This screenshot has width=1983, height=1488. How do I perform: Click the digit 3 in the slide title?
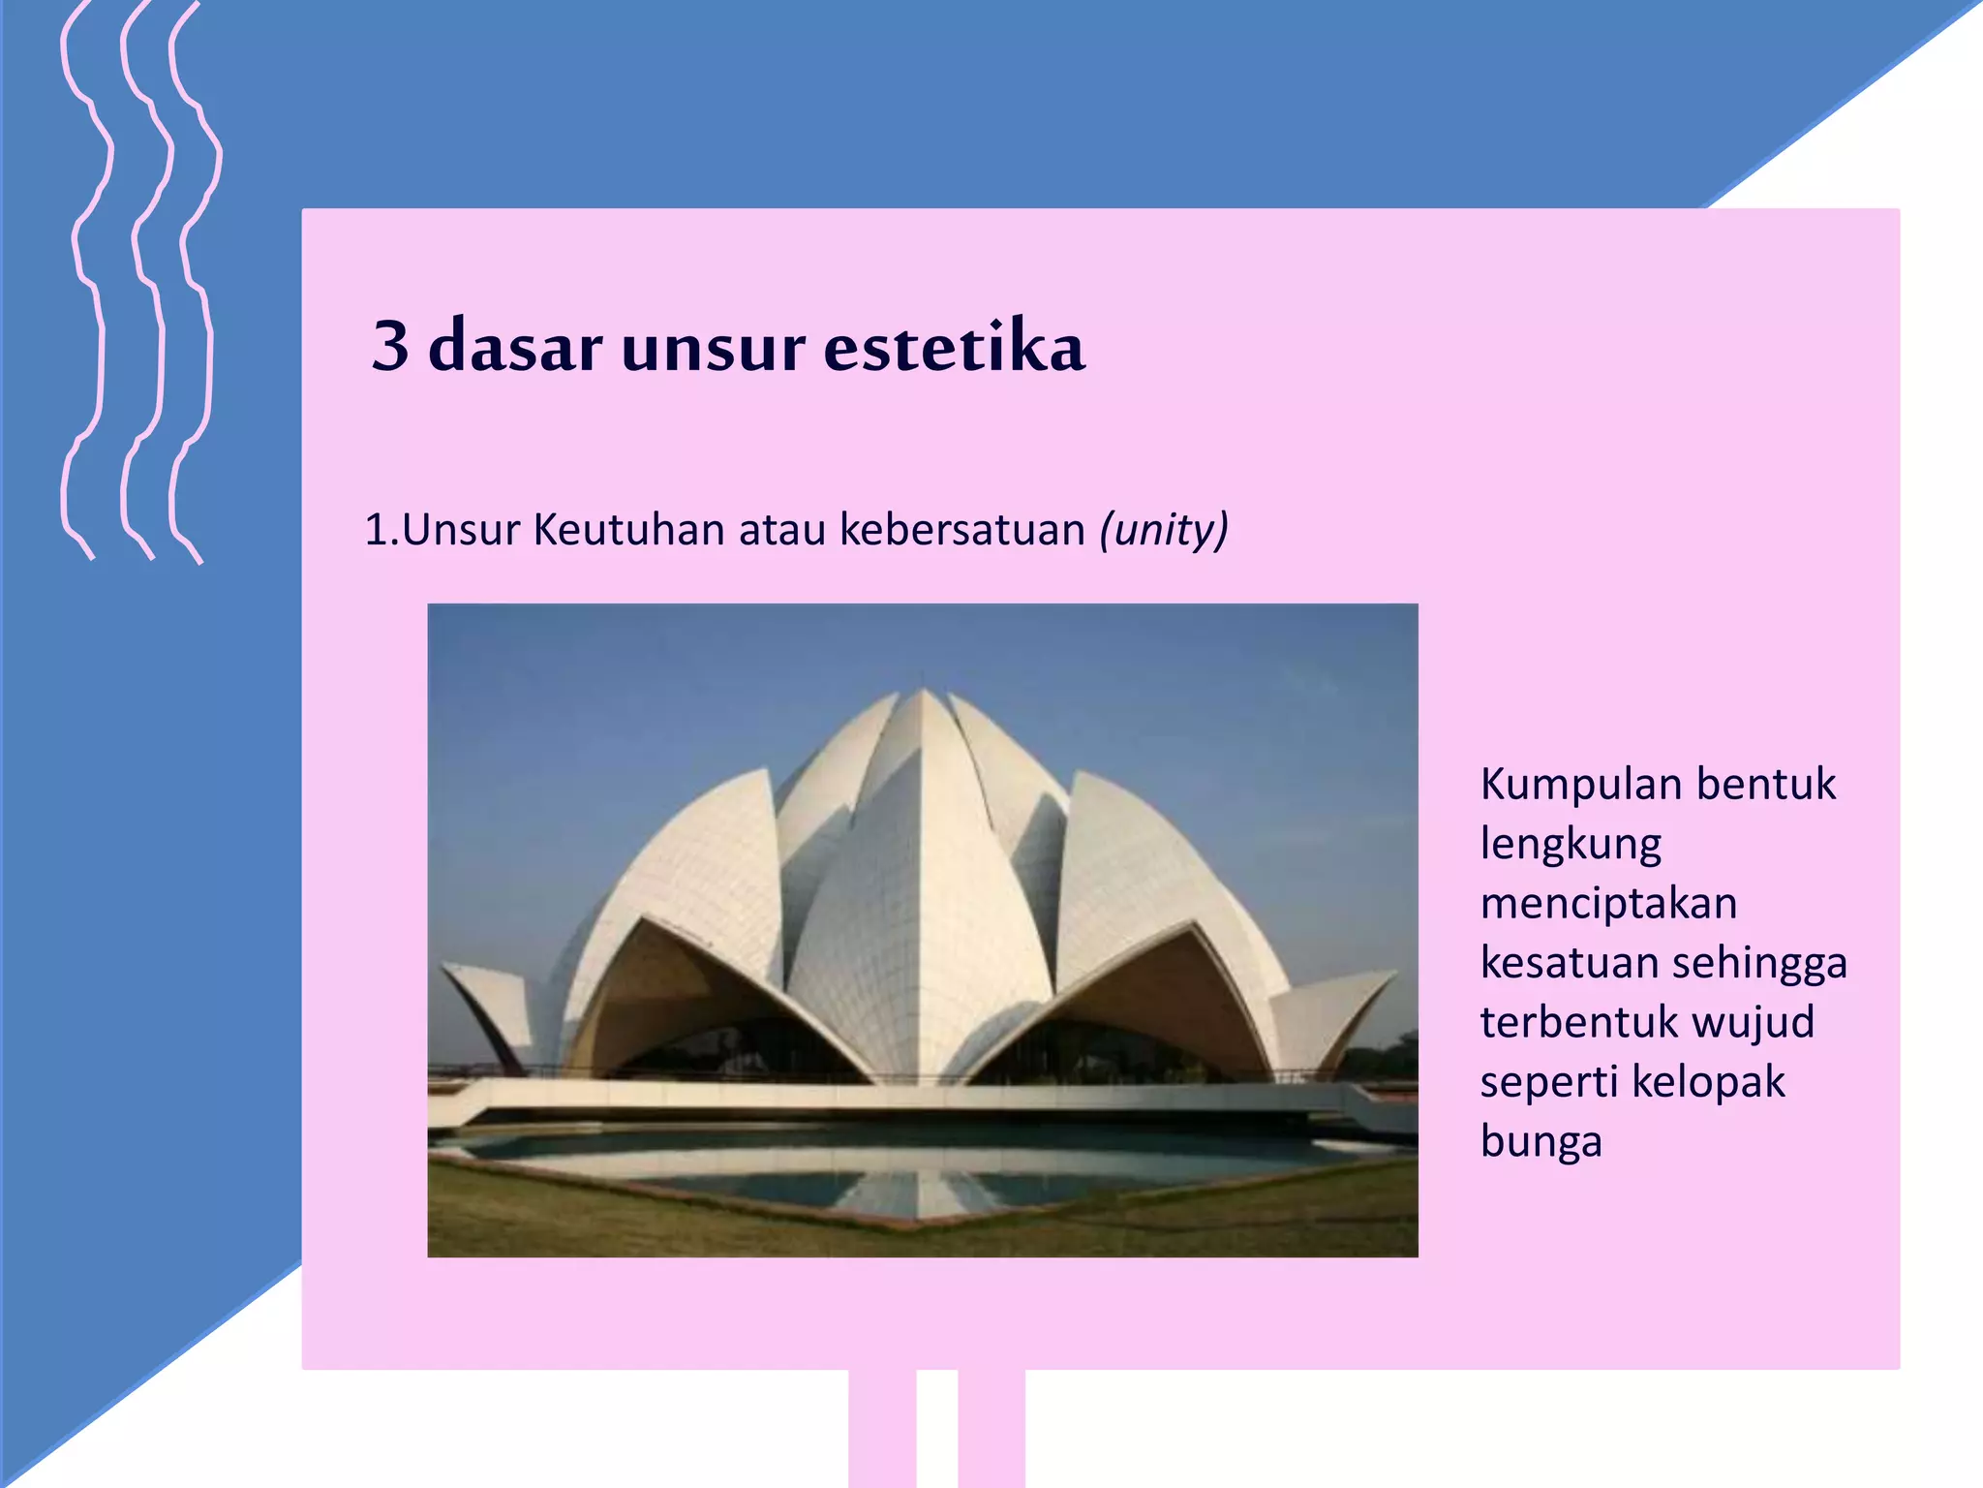(390, 345)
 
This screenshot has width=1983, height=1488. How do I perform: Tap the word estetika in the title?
(954, 345)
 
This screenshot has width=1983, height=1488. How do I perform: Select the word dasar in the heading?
(515, 345)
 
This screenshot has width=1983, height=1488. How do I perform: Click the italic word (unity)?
(1164, 530)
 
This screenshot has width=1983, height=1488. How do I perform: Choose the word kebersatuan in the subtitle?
(962, 530)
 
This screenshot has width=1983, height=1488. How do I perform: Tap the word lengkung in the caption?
(1571, 845)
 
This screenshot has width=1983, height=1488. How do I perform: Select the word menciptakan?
(1608, 903)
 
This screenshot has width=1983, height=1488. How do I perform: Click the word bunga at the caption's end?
(1541, 1142)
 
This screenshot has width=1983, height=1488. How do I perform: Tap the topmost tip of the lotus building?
(923, 691)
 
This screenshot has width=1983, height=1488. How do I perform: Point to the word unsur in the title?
(713, 345)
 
